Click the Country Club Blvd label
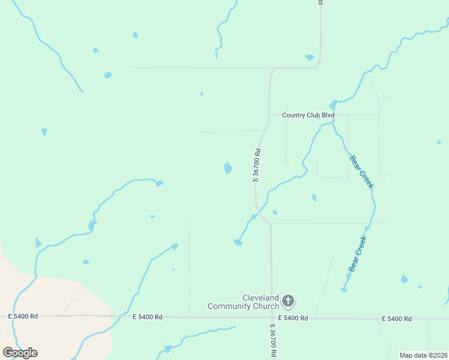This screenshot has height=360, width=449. click(x=307, y=115)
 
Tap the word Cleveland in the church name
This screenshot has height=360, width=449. click(x=261, y=298)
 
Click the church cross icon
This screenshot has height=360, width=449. click(x=288, y=301)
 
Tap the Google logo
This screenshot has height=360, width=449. click(x=20, y=353)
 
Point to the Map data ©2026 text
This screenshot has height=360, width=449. click(x=423, y=355)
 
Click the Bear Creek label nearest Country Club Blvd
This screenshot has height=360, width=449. click(x=362, y=171)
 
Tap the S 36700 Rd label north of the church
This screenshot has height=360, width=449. click(x=256, y=165)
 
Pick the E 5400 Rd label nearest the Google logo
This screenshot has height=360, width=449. click(x=23, y=316)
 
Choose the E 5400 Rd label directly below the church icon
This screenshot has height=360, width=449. click(x=293, y=318)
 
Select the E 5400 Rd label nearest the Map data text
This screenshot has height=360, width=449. click(x=397, y=319)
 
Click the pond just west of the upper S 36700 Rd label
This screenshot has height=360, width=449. click(x=228, y=168)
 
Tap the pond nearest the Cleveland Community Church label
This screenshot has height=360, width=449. click(x=238, y=242)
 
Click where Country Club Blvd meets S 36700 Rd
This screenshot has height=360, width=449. click(x=268, y=115)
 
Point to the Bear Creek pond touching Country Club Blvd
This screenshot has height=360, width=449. click(x=333, y=106)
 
